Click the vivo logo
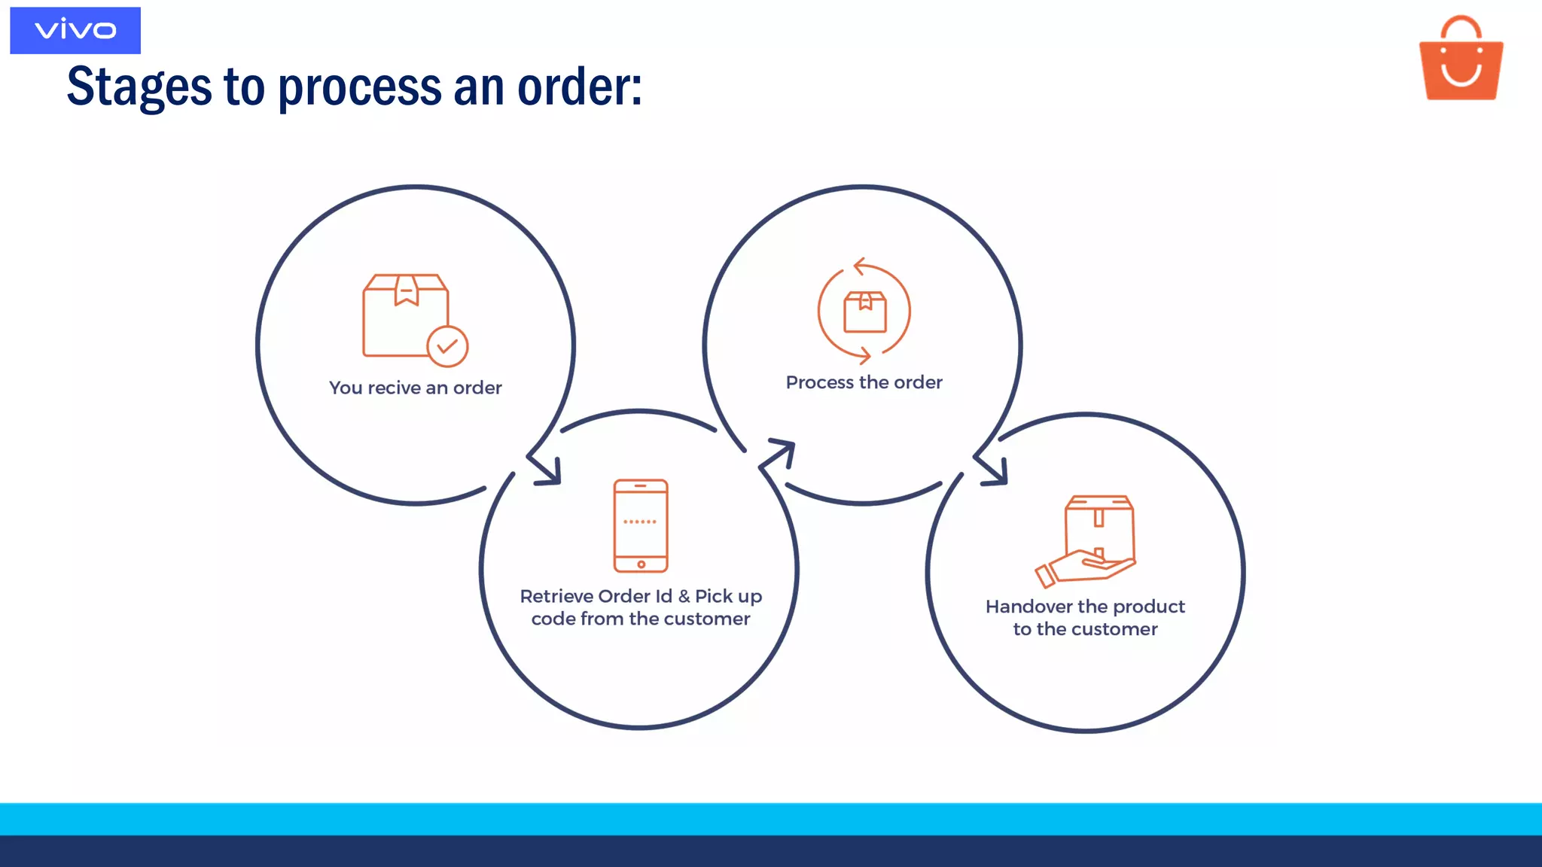tap(75, 30)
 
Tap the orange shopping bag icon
tap(1461, 60)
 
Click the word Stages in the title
tap(139, 87)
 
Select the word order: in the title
tap(580, 87)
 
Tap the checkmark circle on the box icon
tap(447, 346)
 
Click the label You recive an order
tap(416, 388)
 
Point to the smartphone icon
tap(641, 525)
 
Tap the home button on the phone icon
tap(641, 564)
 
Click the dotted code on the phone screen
tap(640, 522)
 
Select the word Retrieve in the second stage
tap(556, 596)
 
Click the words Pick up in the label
tap(728, 596)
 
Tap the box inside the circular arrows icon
tap(865, 312)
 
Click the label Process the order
tap(864, 382)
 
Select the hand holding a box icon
tap(1088, 540)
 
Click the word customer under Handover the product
tap(1114, 629)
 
